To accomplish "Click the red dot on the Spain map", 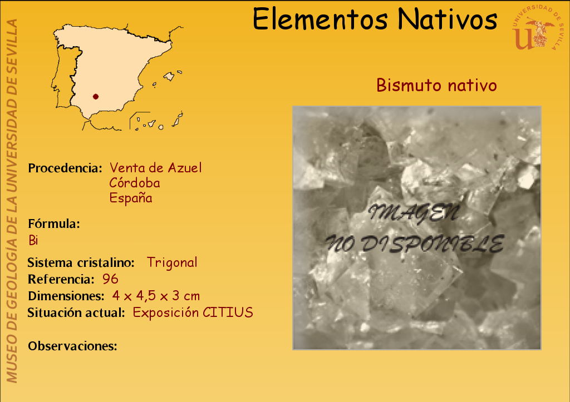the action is tap(96, 97).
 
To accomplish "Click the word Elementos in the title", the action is tap(320, 19).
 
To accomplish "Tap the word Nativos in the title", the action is tap(447, 19).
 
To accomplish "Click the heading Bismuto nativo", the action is tap(436, 85).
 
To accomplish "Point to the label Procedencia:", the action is tap(65, 168).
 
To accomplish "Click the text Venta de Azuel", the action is tap(156, 168).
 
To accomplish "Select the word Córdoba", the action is tap(135, 183).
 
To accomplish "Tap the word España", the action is tap(131, 198).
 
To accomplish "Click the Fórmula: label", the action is tap(54, 224).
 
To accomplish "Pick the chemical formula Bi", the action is tap(33, 240).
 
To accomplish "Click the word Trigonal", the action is tap(173, 262).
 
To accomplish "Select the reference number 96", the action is tap(110, 279).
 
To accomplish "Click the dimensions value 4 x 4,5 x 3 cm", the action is tap(156, 296).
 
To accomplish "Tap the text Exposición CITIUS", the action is tap(193, 312).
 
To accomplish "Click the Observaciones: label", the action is tap(73, 346).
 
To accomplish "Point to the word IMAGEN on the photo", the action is tap(414, 213).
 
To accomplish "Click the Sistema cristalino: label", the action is tap(81, 262).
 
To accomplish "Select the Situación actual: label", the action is tap(76, 312).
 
